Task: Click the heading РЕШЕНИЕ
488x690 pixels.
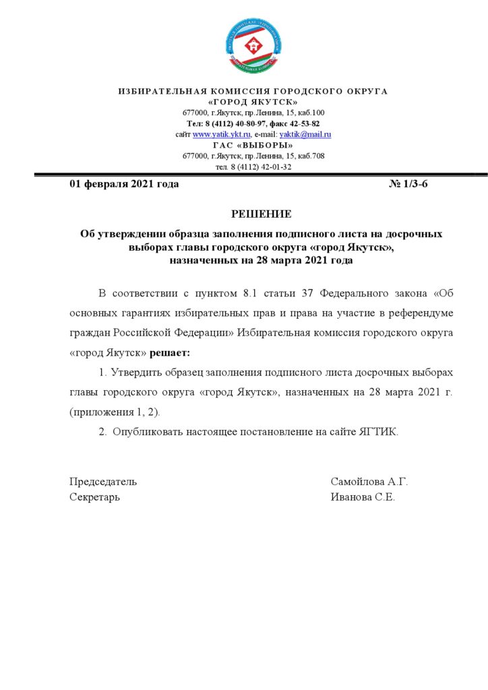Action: (x=262, y=214)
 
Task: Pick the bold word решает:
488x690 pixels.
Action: (x=170, y=352)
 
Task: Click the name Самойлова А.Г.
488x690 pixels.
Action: (x=369, y=482)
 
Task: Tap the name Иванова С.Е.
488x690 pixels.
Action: (x=363, y=497)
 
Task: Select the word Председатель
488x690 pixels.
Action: (x=103, y=482)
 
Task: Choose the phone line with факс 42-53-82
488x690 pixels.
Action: (x=253, y=124)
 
